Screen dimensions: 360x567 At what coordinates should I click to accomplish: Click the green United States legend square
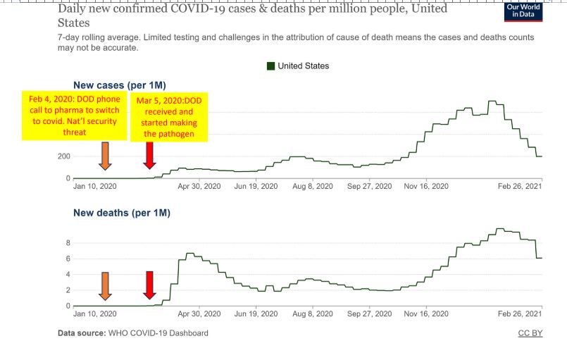click(x=270, y=66)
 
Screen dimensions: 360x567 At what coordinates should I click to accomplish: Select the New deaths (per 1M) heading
click(x=122, y=213)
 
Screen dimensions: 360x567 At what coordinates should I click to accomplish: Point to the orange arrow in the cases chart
click(x=105, y=155)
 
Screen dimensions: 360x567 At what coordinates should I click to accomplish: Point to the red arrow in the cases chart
click(x=149, y=155)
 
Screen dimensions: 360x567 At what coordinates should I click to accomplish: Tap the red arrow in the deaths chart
click(x=149, y=285)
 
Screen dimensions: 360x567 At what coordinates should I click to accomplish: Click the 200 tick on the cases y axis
click(x=62, y=156)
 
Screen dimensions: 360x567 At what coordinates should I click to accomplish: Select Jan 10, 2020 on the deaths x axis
click(x=94, y=314)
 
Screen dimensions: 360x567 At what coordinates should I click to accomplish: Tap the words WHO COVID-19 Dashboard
click(x=158, y=333)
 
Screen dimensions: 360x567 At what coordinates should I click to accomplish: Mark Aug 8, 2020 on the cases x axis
click(x=312, y=186)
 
